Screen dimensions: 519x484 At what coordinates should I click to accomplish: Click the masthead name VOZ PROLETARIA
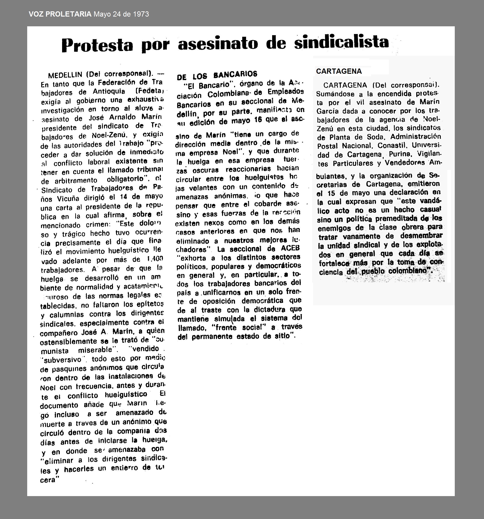[60, 14]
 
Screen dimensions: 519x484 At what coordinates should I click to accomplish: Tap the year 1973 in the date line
[141, 14]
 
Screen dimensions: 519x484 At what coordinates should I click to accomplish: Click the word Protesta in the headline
[97, 45]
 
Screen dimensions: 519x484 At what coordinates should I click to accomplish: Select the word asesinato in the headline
[218, 43]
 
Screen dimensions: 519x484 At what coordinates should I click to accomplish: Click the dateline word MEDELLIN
[65, 75]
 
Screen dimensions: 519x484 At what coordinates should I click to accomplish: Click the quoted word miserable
[95, 350]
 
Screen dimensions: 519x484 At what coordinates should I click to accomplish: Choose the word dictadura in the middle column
[273, 310]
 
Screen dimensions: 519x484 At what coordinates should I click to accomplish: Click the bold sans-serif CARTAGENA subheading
[339, 71]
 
